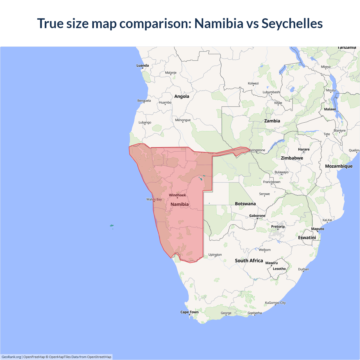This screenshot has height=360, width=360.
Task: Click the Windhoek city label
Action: coord(177,195)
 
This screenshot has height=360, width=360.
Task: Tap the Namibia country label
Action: coord(179,204)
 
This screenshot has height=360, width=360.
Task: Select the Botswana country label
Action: coord(245,204)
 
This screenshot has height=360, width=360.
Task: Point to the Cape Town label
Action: coord(189,312)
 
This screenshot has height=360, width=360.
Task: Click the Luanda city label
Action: coord(143,66)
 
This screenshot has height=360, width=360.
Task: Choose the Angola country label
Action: coord(182,96)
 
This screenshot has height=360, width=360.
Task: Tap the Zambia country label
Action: coord(272,121)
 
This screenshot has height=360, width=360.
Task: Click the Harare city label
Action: coord(304,149)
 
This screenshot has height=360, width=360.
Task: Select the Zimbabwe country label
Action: coord(292,158)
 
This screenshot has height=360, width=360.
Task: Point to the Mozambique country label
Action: coord(339,166)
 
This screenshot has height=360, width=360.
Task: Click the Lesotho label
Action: coord(279,269)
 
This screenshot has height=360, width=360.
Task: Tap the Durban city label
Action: coord(303,269)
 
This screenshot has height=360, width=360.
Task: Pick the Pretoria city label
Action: coord(278,226)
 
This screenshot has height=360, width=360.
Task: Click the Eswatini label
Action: coord(307,238)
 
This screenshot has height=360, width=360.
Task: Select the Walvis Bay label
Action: coord(154,199)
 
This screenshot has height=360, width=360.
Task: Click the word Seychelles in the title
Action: coord(292,23)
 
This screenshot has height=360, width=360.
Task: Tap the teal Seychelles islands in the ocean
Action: coord(112,226)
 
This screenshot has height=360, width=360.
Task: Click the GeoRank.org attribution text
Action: coord(11,357)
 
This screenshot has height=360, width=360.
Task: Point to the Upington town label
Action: coord(215,255)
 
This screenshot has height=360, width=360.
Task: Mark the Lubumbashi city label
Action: coord(271,92)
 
